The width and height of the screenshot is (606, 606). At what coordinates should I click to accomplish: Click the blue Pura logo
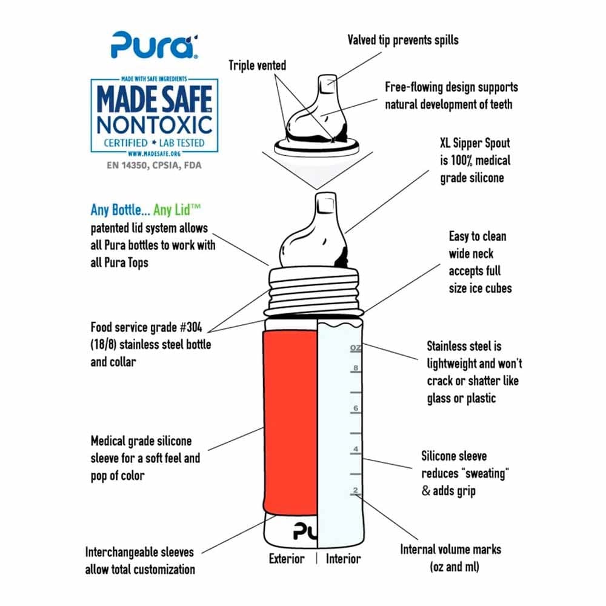tap(155, 45)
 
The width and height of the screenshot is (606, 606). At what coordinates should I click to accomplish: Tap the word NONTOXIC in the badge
tap(154, 125)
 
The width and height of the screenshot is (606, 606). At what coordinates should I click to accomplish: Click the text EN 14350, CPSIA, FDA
tap(154, 165)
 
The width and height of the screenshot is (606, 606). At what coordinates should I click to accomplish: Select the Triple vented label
tap(258, 65)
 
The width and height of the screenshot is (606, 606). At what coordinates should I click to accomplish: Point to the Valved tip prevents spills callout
tap(403, 40)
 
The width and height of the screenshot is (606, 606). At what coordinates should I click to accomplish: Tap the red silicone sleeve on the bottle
tap(290, 422)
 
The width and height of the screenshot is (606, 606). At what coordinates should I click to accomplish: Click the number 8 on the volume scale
tap(356, 368)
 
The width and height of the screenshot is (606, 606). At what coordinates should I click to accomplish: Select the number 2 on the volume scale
tap(356, 490)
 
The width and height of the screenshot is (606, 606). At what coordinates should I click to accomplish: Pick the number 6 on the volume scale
tap(356, 408)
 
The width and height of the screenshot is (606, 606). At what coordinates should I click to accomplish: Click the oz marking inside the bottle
tap(356, 348)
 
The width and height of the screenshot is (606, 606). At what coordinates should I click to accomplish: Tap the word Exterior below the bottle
tap(287, 559)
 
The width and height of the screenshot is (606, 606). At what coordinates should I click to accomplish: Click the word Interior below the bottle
tap(343, 559)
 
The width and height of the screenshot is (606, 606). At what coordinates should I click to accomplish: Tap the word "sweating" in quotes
tap(485, 473)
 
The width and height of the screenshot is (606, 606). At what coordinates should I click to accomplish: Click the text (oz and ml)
tap(454, 567)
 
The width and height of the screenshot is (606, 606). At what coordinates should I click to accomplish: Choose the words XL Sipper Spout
tap(475, 143)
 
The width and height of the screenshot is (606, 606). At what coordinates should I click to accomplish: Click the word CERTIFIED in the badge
tap(125, 143)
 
